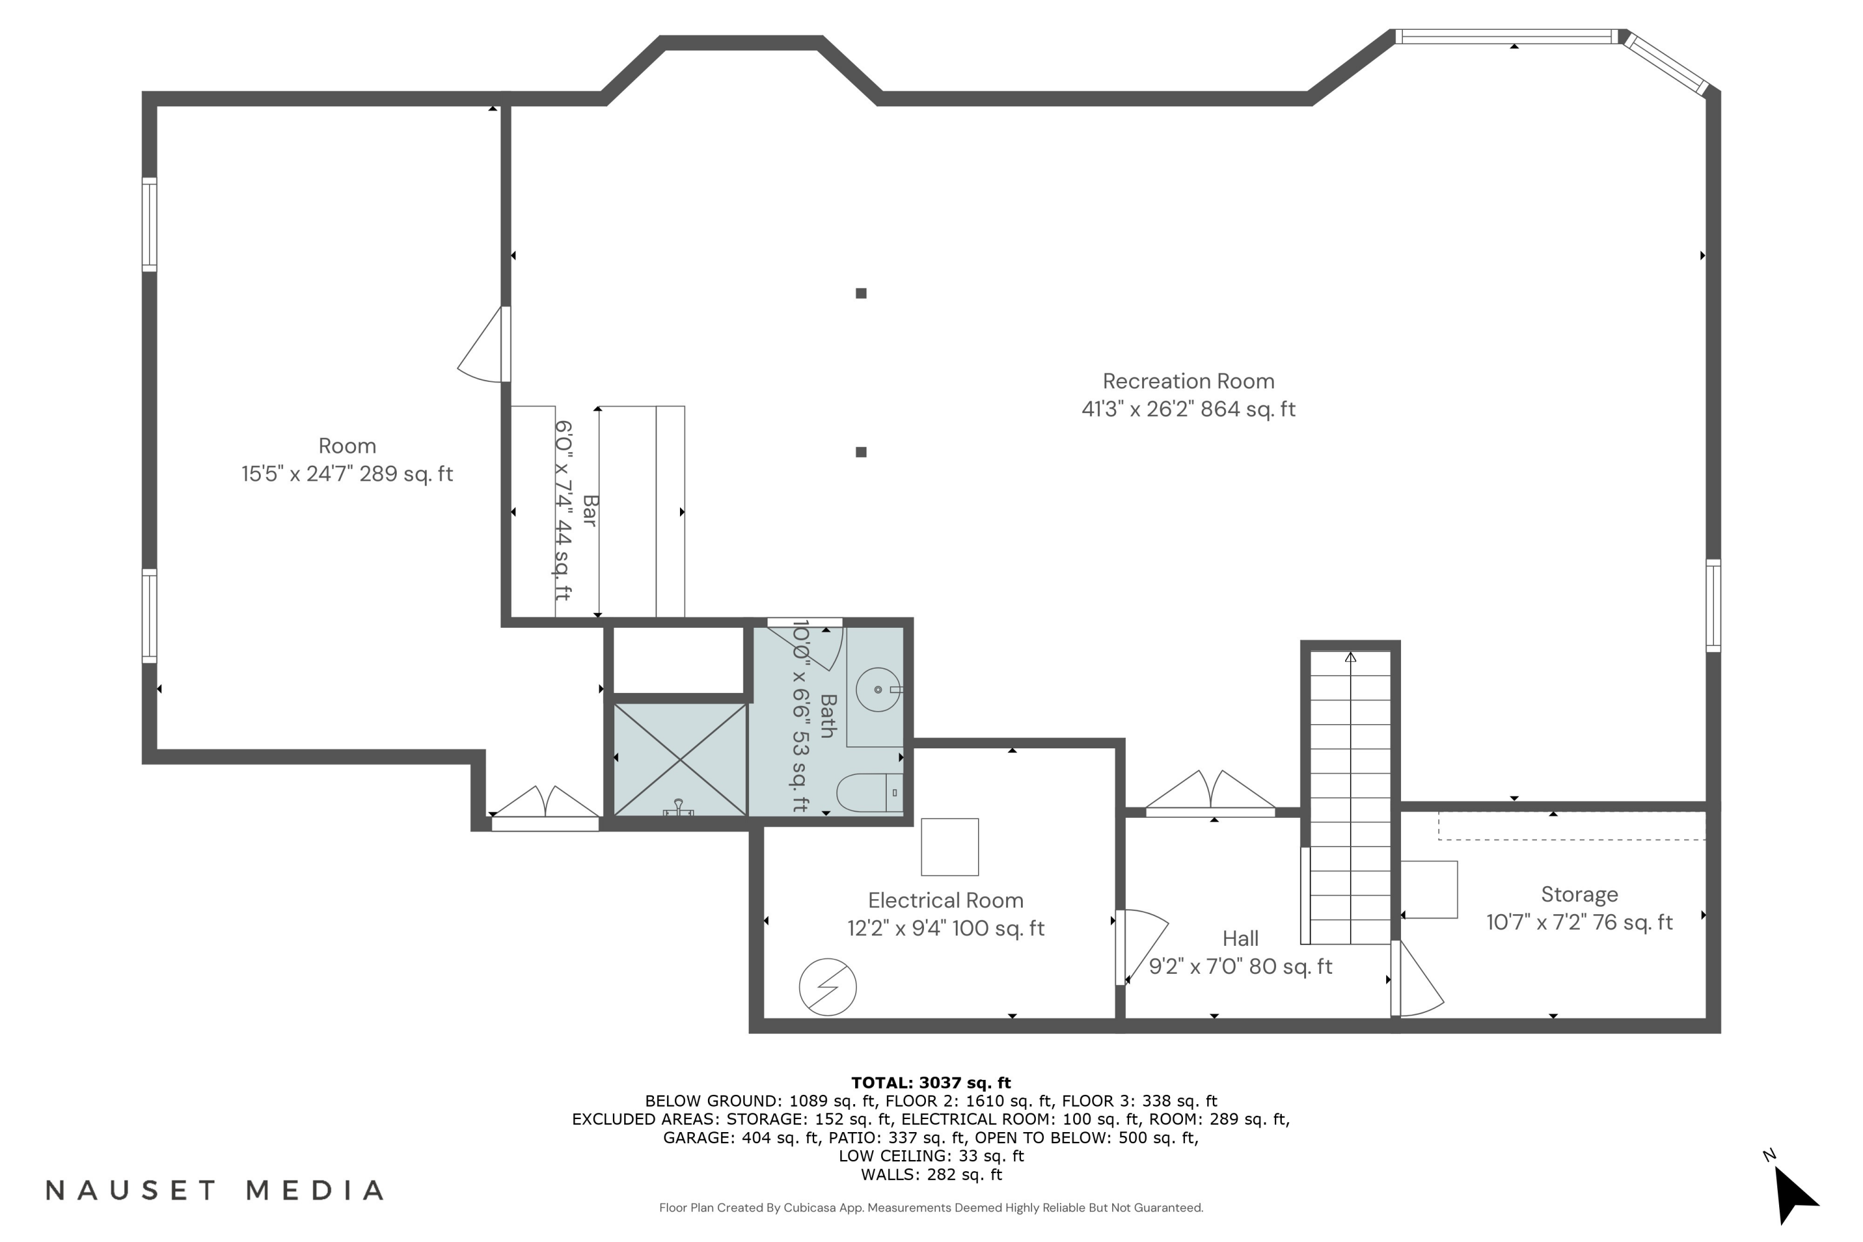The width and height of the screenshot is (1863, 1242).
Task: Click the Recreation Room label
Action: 1188,381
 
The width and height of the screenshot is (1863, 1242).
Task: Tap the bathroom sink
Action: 877,689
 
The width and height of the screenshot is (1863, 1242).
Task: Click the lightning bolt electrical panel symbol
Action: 828,987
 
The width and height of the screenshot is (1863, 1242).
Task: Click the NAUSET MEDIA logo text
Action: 215,1190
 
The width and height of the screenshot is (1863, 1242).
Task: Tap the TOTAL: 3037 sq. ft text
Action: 931,1083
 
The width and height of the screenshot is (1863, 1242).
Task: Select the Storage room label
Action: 1579,894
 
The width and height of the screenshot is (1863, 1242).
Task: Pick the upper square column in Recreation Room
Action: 861,293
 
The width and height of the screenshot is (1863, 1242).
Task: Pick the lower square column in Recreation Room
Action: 861,452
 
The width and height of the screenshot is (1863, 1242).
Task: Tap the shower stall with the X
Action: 681,759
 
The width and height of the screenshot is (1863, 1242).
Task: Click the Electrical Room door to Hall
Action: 1141,948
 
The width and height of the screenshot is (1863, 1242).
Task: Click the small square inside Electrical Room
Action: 950,847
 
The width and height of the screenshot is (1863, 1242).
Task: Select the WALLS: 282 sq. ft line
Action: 931,1175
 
